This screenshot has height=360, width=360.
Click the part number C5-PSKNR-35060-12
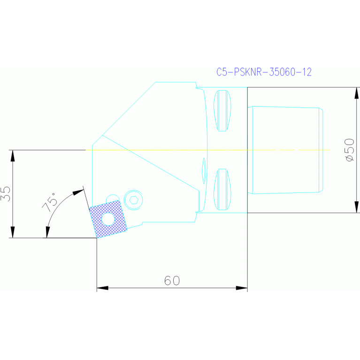pyautogui.click(x=264, y=72)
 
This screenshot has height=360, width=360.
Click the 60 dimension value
pyautogui.click(x=172, y=281)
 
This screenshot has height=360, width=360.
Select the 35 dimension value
pyautogui.click(x=6, y=193)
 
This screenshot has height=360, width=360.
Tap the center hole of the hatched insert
pyautogui.click(x=108, y=219)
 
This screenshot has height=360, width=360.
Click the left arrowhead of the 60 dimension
pyautogui.click(x=102, y=288)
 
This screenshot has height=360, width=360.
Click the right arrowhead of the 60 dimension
pyautogui.click(x=242, y=288)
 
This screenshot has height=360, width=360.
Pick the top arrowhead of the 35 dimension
pyautogui.click(x=13, y=155)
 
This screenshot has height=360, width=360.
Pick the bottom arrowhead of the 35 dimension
pyautogui.click(x=13, y=233)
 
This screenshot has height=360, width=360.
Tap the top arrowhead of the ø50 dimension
pyautogui.click(x=356, y=92)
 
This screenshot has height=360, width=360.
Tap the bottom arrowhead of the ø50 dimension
pyautogui.click(x=356, y=207)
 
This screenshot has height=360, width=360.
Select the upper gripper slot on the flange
pyautogui.click(x=222, y=110)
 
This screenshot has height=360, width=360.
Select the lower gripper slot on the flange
pyautogui.click(x=222, y=189)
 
